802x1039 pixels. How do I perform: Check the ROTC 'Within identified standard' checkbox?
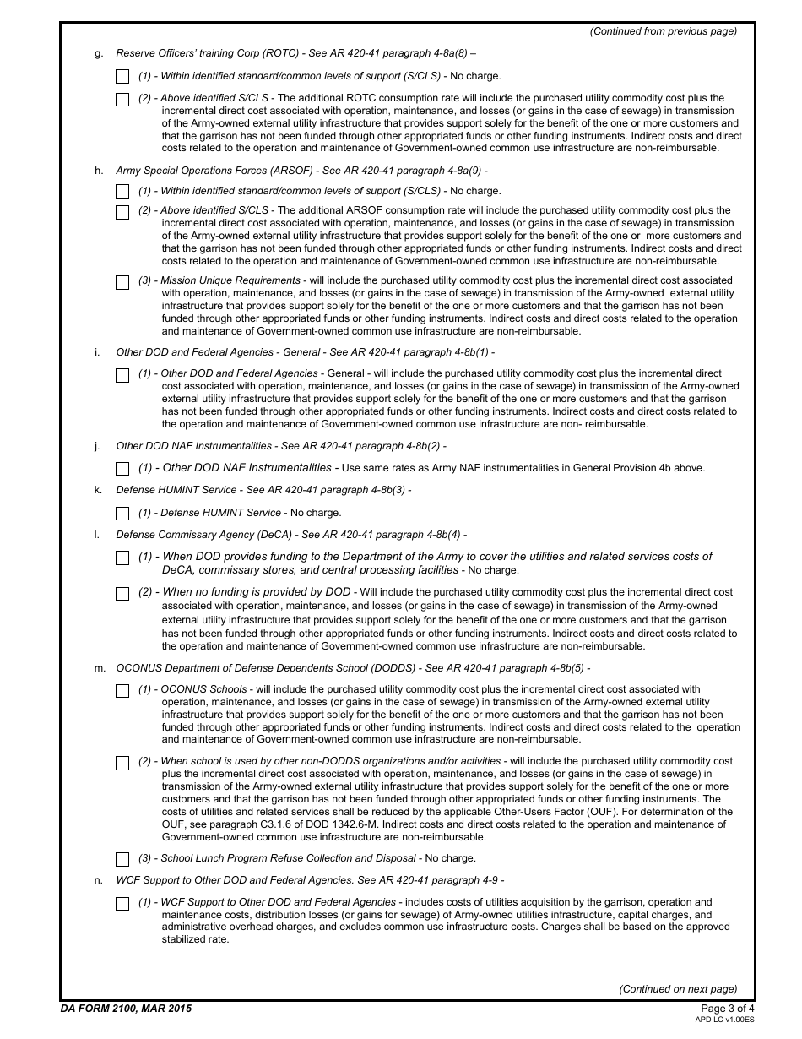[x=122, y=77]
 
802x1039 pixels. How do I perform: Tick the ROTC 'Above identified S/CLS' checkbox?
[x=122, y=99]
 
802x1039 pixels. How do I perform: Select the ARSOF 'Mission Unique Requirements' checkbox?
[x=122, y=282]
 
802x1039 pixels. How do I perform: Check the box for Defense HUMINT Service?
[x=122, y=514]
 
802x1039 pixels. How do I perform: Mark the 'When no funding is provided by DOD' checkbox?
[x=122, y=594]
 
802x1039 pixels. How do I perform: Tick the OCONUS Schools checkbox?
[x=122, y=691]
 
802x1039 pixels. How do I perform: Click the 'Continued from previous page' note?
[x=663, y=31]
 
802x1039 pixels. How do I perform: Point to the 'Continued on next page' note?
[x=678, y=989]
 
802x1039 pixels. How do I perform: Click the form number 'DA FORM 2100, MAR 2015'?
[x=126, y=1009]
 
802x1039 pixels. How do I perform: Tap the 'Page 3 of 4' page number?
[x=728, y=1009]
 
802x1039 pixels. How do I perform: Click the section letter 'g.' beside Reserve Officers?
[x=99, y=53]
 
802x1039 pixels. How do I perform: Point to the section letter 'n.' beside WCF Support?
[x=99, y=880]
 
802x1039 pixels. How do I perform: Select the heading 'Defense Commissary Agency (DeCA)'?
[x=203, y=535]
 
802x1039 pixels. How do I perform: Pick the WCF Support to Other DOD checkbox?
[x=122, y=904]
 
